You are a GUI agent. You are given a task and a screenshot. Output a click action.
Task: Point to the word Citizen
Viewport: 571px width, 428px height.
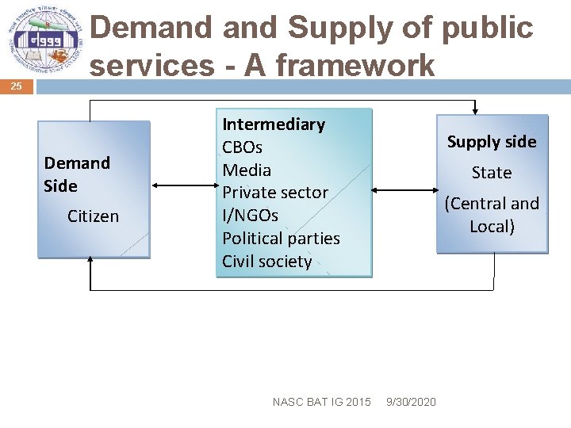93,216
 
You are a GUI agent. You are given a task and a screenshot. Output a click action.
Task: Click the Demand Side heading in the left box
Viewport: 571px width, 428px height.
76,174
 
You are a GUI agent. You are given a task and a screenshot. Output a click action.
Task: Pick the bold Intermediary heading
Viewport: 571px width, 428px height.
274,124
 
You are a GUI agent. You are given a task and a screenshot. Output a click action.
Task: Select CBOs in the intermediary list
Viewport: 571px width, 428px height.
242,147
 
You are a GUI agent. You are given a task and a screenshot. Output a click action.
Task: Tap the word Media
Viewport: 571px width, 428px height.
247,170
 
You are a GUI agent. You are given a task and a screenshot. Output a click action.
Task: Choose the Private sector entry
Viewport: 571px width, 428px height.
274,193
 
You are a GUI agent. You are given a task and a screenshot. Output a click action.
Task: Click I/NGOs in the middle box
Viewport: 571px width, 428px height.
250,216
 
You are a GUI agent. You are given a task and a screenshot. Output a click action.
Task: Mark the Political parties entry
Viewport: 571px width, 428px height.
281,239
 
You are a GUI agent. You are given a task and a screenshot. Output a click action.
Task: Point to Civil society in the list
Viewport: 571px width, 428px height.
266,262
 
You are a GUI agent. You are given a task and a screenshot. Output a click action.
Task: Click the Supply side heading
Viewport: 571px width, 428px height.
492,142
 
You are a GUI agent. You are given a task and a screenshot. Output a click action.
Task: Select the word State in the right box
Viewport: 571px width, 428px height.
492,173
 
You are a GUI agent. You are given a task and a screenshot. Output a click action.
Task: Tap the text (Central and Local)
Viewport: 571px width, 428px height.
492,215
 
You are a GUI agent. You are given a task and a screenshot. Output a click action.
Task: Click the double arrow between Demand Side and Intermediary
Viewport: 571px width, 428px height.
182,186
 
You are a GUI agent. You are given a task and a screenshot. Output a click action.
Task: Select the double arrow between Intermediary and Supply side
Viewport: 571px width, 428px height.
404,190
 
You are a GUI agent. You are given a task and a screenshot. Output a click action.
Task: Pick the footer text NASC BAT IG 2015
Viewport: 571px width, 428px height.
321,403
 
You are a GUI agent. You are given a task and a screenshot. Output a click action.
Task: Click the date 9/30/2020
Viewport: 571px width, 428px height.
410,403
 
